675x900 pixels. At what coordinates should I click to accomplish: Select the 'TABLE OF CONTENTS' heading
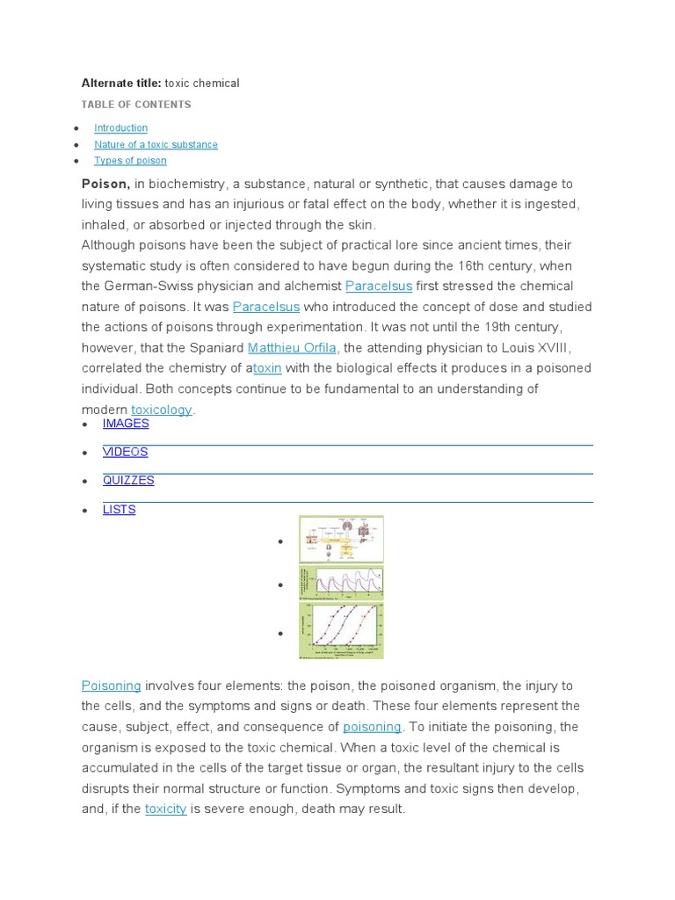pos(136,105)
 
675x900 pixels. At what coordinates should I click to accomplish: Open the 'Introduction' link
pos(121,128)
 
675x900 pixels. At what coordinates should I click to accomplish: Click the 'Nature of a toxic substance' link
pos(156,145)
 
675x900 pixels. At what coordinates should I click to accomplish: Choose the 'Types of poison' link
pos(130,161)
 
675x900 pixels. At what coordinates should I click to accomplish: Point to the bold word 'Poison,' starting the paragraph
pos(106,184)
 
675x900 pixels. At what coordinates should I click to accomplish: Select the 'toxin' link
pos(267,368)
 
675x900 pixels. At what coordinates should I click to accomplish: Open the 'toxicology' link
pos(162,410)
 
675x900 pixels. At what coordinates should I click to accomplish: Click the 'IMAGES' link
pos(126,424)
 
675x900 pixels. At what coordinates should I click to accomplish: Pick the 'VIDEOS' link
pos(125,452)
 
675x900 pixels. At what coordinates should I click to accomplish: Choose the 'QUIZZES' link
pos(128,481)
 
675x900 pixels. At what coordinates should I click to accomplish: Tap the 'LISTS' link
pos(120,510)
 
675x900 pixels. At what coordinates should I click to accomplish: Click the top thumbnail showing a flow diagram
pos(341,539)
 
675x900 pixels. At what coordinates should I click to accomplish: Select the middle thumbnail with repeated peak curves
pos(341,583)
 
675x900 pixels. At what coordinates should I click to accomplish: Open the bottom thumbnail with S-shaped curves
pos(341,630)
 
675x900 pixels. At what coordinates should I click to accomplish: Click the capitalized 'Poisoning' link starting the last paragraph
pos(112,686)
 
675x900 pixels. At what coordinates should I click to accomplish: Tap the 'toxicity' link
pos(166,809)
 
